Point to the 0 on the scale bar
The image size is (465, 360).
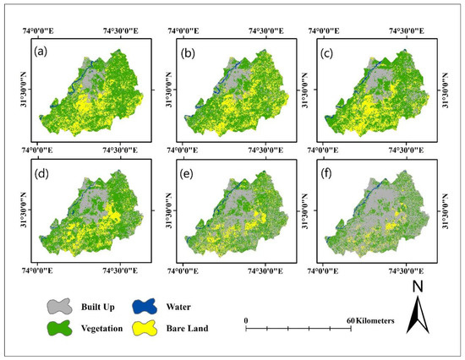246,320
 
